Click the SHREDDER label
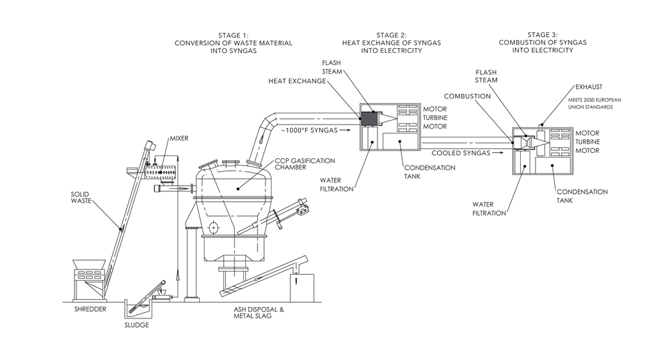click(x=90, y=309)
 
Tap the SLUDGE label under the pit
click(x=137, y=325)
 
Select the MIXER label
click(x=179, y=138)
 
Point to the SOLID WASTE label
click(x=81, y=198)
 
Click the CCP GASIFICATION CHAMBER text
click(x=304, y=164)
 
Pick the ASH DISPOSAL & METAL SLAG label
click(x=259, y=312)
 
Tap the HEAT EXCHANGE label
click(x=297, y=81)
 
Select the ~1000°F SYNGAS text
click(x=309, y=130)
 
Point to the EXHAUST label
click(x=589, y=86)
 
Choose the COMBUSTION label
click(x=467, y=96)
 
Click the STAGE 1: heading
click(x=233, y=36)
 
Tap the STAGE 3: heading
click(x=542, y=35)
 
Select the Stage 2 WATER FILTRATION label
click(x=337, y=184)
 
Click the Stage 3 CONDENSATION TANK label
click(x=582, y=196)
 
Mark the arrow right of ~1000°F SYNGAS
click(x=346, y=130)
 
